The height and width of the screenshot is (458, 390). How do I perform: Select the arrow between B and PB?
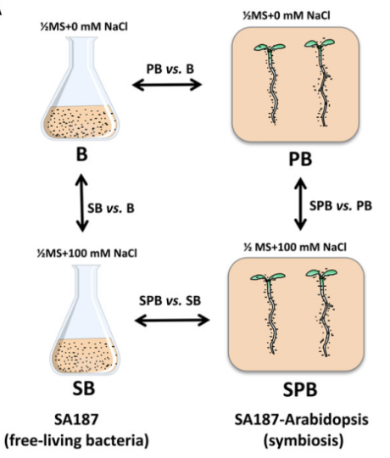pyautogui.click(x=167, y=85)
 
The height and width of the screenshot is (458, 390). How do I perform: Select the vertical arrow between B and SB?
pyautogui.click(x=82, y=203)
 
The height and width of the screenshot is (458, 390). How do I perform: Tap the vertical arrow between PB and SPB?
pyautogui.click(x=300, y=204)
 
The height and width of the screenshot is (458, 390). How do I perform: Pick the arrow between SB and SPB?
pyautogui.click(x=172, y=320)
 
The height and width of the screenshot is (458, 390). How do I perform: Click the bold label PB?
pyautogui.click(x=300, y=159)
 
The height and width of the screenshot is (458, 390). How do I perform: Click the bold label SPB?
pyautogui.click(x=300, y=389)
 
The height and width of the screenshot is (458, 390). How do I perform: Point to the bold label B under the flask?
pyautogui.click(x=81, y=154)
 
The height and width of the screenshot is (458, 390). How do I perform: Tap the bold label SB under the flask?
pyautogui.click(x=83, y=388)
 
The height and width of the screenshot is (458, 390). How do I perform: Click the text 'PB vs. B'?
pyautogui.click(x=170, y=69)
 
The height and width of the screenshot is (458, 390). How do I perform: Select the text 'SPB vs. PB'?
pyautogui.click(x=341, y=206)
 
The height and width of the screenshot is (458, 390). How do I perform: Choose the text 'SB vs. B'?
pyautogui.click(x=111, y=209)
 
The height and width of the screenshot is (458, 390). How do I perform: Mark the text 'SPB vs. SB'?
pyautogui.click(x=170, y=300)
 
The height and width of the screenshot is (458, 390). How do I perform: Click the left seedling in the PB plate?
pyautogui.click(x=270, y=84)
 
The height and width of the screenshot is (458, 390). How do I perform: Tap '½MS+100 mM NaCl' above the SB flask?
pyautogui.click(x=87, y=253)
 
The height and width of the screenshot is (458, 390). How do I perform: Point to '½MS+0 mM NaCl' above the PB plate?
pyautogui.click(x=287, y=15)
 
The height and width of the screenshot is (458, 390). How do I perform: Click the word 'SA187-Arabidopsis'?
pyautogui.click(x=302, y=420)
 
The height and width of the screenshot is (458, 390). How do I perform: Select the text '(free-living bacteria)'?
pyautogui.click(x=77, y=440)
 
